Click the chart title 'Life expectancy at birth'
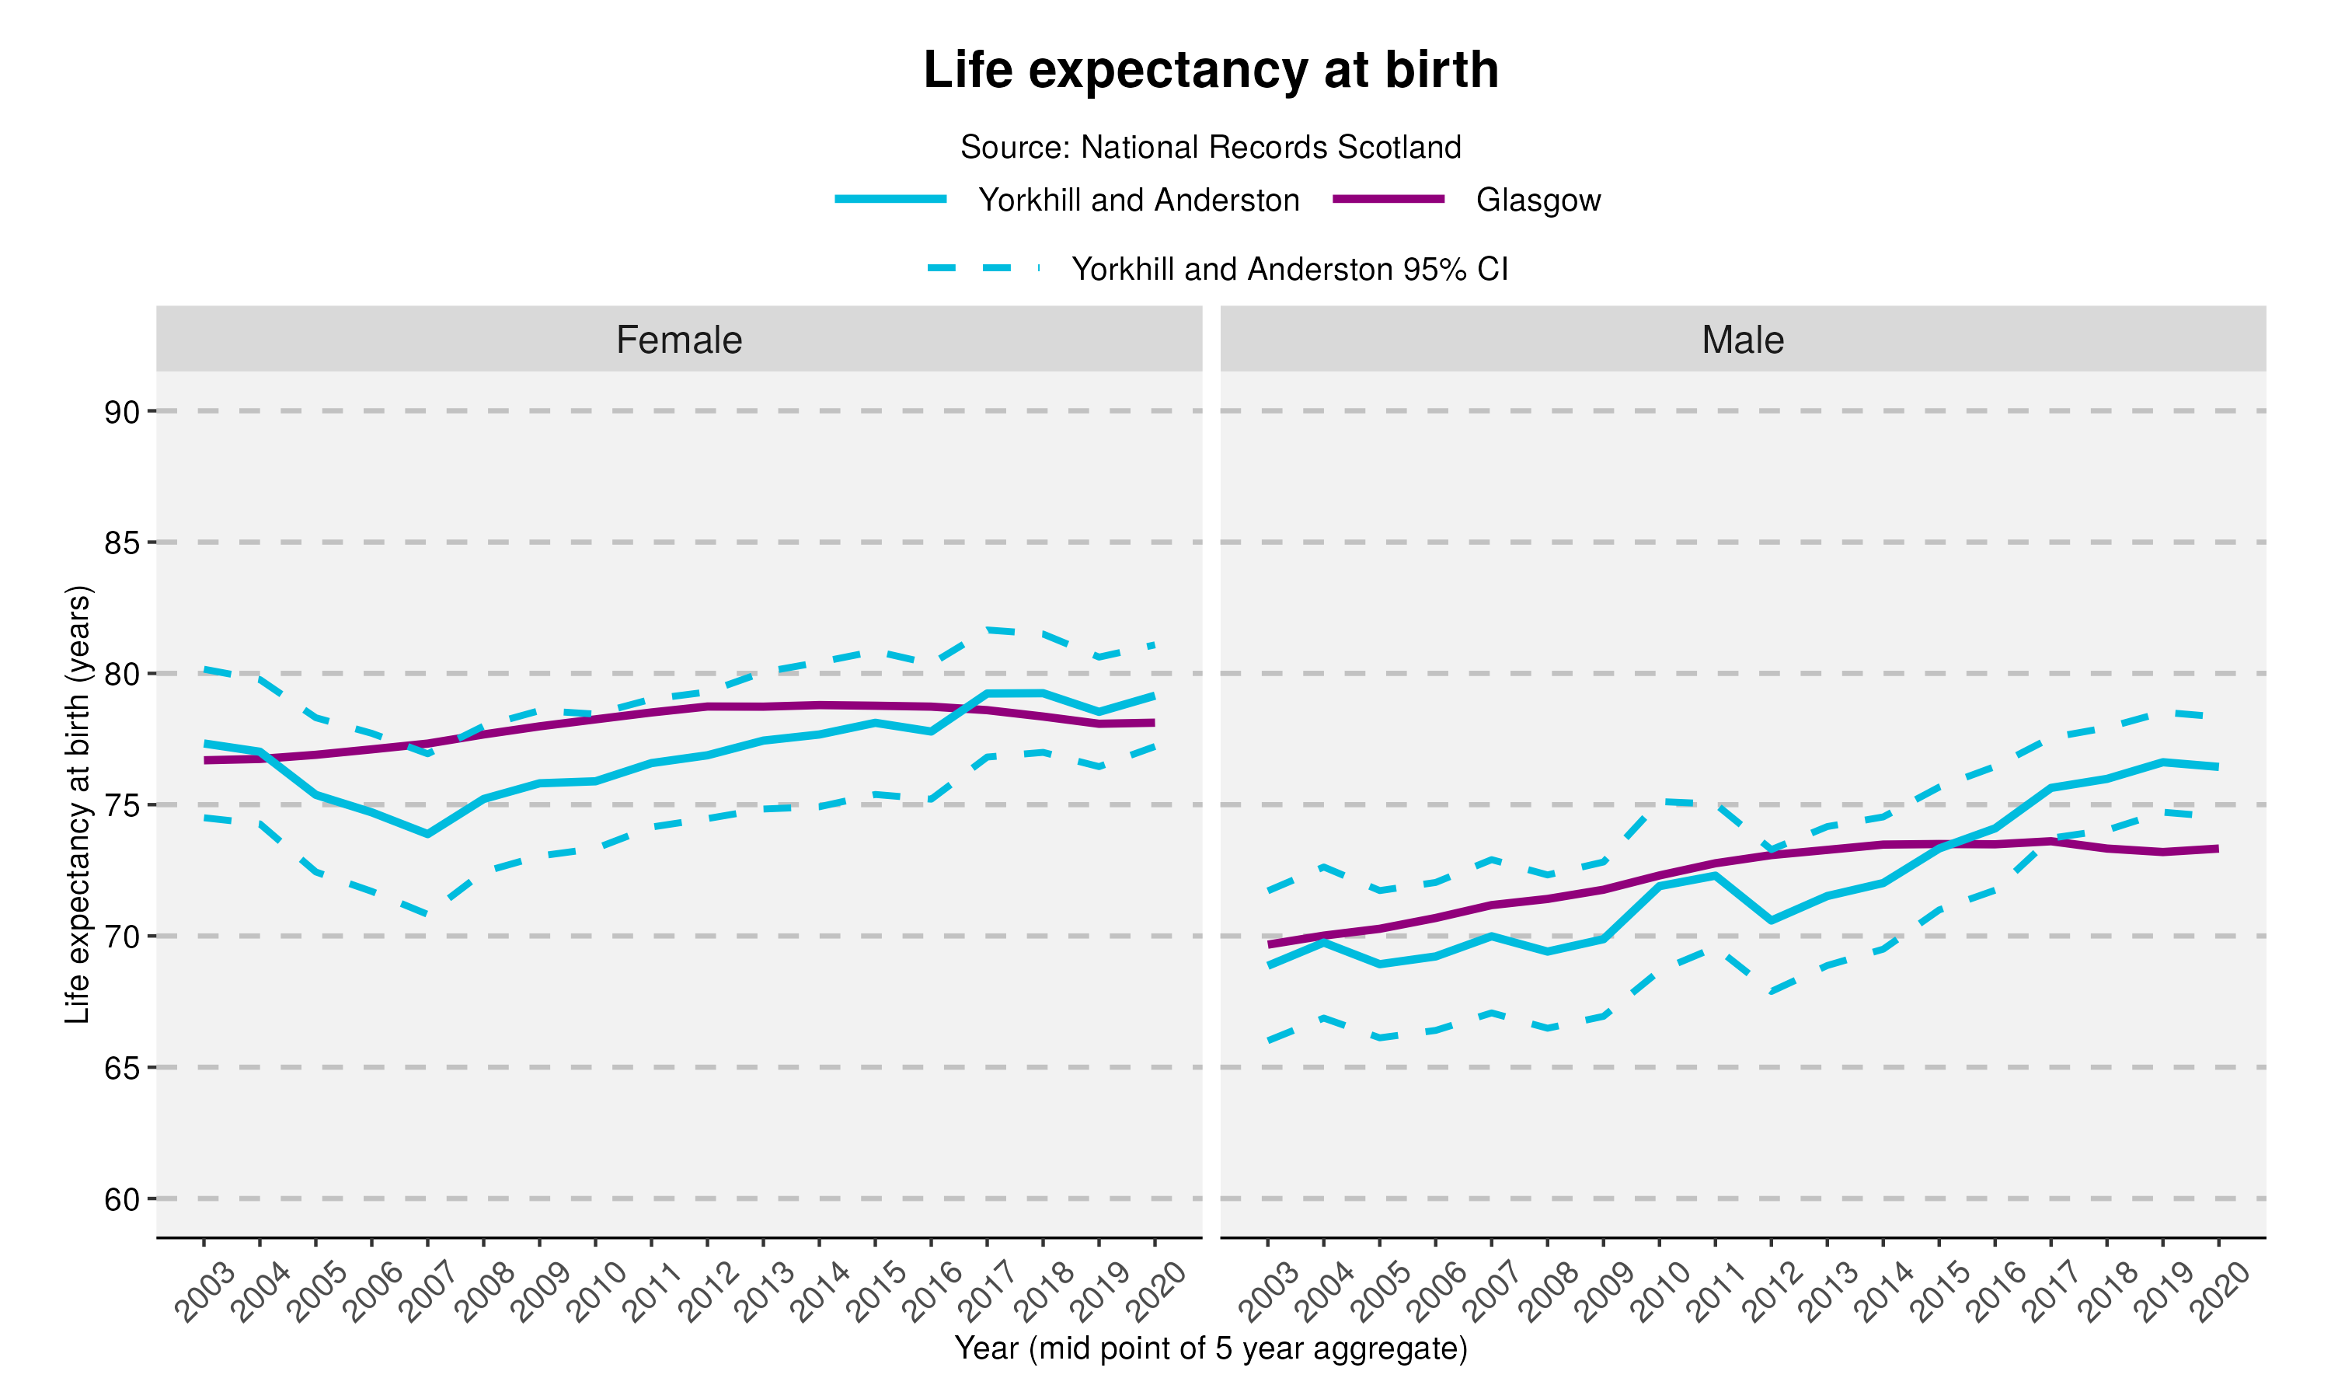(1210, 70)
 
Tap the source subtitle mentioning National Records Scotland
(1210, 147)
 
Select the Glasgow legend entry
(1538, 200)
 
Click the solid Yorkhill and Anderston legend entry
(1138, 200)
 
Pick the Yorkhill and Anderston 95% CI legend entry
(1289, 270)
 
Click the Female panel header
(678, 340)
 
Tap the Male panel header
(1742, 340)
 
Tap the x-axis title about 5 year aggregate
(1210, 1348)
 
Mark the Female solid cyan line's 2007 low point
(427, 834)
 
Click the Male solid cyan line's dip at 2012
(1772, 920)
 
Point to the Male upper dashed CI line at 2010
(1660, 801)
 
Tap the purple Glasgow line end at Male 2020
(2216, 849)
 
